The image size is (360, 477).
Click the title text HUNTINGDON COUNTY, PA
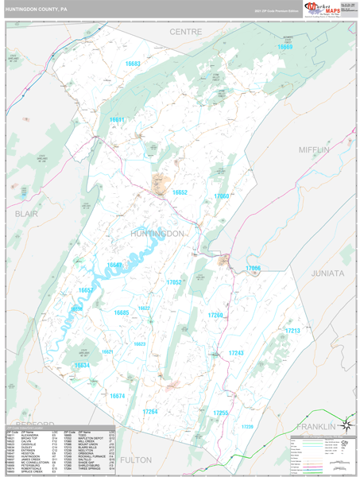tap(37, 11)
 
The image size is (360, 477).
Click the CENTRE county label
tap(185, 31)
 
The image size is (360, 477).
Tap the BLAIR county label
tap(26, 214)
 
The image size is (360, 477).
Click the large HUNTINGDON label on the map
tap(157, 234)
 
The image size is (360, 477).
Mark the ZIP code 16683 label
tap(132, 64)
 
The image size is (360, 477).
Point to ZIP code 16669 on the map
tap(285, 48)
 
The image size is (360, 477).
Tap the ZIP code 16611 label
tap(117, 119)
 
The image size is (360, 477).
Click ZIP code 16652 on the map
tap(180, 192)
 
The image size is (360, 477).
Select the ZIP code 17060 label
tap(221, 196)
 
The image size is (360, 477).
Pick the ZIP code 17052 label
tap(174, 282)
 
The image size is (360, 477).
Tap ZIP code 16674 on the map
tap(118, 395)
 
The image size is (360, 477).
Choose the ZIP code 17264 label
tap(150, 411)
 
